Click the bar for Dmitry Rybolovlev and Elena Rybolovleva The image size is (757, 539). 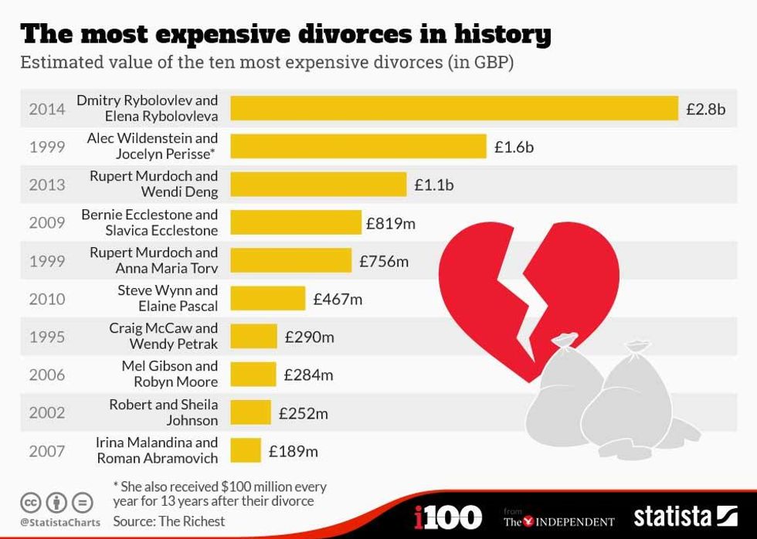tap(454, 108)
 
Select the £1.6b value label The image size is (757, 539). tap(514, 147)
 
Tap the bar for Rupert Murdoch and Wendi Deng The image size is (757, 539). tap(318, 185)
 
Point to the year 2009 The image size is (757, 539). tap(47, 223)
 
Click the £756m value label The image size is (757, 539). tap(384, 261)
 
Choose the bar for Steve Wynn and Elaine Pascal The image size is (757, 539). tap(268, 298)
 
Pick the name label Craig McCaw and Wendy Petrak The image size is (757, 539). tap(164, 336)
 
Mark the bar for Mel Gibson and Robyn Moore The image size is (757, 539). tap(253, 375)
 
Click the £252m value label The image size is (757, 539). tap(304, 413)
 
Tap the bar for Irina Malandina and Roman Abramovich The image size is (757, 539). tap(246, 451)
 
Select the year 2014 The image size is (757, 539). tap(47, 109)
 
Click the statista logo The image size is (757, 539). tap(685, 517)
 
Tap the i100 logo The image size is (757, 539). tap(448, 517)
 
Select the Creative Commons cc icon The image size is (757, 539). tap(32, 503)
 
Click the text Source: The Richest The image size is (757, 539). tap(169, 521)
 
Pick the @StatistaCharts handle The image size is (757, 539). tap(60, 523)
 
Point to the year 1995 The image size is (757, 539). tap(47, 337)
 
